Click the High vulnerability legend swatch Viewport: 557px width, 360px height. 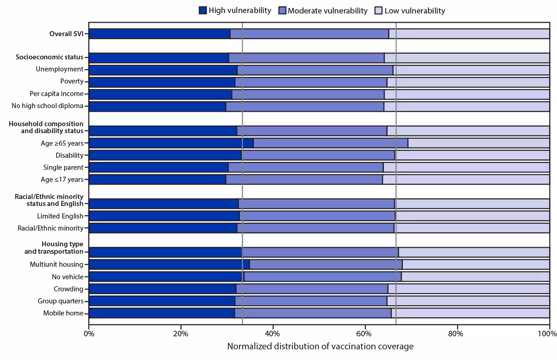(202, 10)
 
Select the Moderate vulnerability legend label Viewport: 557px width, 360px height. (327, 10)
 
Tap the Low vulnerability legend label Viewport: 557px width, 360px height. (415, 10)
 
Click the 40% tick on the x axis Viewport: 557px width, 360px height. (273, 333)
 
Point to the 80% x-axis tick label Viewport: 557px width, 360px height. (457, 333)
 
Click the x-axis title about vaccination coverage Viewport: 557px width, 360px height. (320, 347)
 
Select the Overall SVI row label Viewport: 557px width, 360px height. (66, 33)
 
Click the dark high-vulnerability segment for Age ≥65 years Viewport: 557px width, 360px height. (170, 143)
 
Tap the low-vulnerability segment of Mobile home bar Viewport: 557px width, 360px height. (470, 313)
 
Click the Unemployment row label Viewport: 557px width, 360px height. (59, 70)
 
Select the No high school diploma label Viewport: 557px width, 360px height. (47, 106)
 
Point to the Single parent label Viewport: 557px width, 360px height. (63, 167)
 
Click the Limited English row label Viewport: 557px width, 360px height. (60, 216)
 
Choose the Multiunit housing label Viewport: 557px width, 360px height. (56, 264)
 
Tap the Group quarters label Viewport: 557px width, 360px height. (60, 301)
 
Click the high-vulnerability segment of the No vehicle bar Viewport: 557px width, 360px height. (166, 276)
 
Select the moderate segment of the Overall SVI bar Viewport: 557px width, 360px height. (309, 33)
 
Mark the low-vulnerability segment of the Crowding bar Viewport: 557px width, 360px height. (468, 289)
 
